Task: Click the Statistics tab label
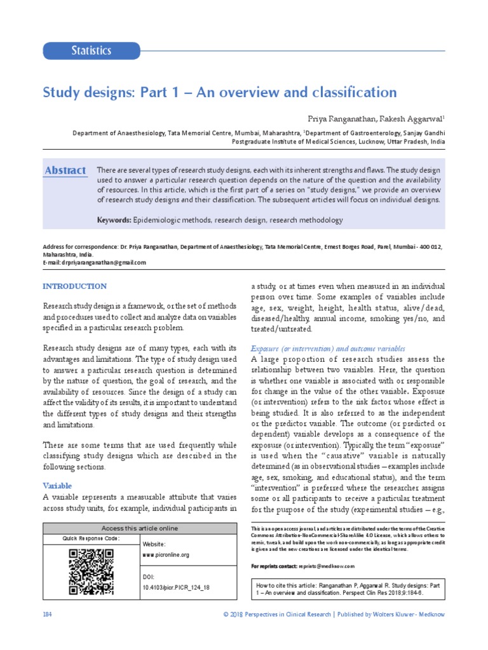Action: (x=91, y=51)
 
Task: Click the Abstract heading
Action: (x=65, y=171)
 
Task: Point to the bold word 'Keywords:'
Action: (x=114, y=220)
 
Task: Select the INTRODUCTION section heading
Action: (x=74, y=286)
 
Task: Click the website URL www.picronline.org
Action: (x=166, y=555)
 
